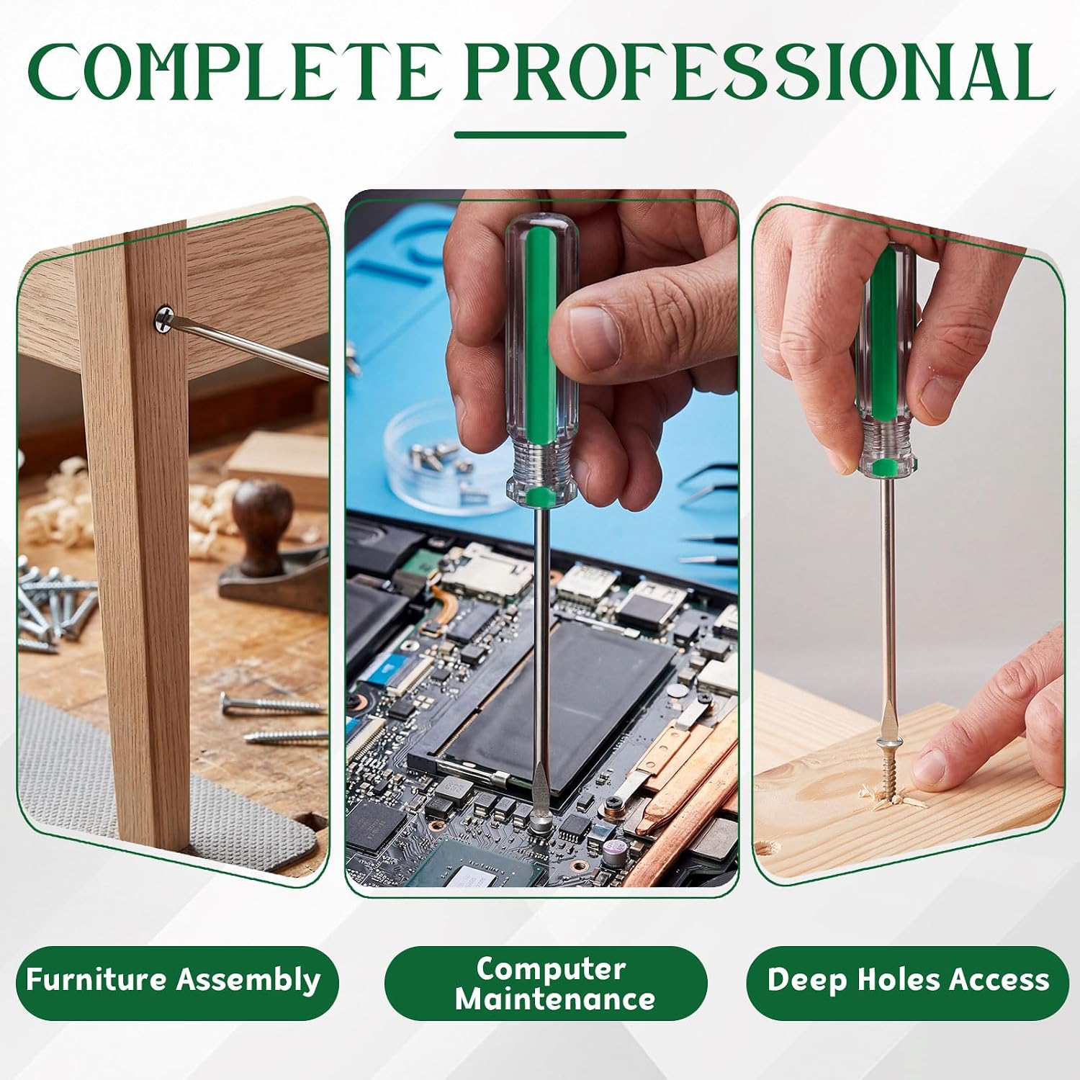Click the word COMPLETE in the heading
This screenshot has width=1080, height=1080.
234,72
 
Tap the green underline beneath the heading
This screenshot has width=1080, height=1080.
540,135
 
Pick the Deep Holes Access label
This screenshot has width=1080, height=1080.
908,981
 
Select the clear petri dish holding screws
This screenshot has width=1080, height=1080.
438,462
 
